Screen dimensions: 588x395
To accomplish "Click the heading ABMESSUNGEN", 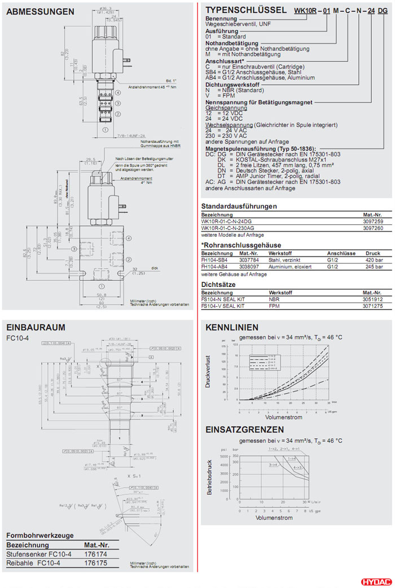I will click(40, 11).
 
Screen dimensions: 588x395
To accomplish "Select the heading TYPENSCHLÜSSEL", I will click(246, 10).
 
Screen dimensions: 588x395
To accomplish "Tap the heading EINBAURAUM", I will click(36, 327).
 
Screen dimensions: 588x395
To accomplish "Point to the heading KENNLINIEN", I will click(232, 327).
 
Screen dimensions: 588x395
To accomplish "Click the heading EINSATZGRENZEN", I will click(244, 430).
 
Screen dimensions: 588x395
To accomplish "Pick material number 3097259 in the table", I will click(372, 221).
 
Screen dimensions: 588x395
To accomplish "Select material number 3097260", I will click(372, 228).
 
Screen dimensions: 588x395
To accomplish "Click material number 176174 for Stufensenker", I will click(95, 554).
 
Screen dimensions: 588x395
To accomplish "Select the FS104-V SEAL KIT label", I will click(223, 306).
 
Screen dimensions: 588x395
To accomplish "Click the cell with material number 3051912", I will click(372, 299).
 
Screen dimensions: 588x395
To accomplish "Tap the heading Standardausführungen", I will click(239, 206).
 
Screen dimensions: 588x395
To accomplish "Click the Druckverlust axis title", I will click(208, 371).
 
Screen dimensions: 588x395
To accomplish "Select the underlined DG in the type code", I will click(382, 11).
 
